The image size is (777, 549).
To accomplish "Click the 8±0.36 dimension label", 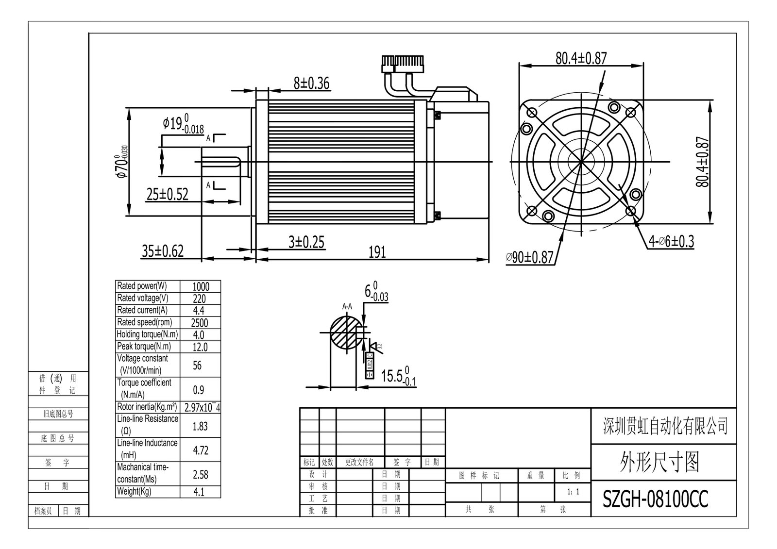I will click(311, 83).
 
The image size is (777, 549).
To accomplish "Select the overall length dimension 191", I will click(377, 252).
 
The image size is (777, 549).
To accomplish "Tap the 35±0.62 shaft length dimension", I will click(163, 251).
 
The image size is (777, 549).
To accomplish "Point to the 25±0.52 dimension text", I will click(167, 194).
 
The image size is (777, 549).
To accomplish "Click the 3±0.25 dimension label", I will click(306, 242).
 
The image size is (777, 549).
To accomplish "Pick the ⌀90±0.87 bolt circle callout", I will click(529, 257).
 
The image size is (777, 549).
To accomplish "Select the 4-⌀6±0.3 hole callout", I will click(672, 241).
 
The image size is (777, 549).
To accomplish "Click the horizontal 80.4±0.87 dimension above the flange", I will click(581, 58).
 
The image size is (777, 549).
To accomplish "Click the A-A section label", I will click(347, 306).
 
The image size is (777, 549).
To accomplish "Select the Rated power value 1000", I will click(201, 286).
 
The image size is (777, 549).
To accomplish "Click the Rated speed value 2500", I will click(200, 323).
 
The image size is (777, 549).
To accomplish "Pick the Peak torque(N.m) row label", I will click(144, 347).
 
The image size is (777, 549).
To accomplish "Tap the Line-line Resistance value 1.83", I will click(200, 426).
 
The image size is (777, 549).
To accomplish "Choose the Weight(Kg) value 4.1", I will click(199, 492).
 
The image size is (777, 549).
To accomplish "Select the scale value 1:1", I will click(573, 492).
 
